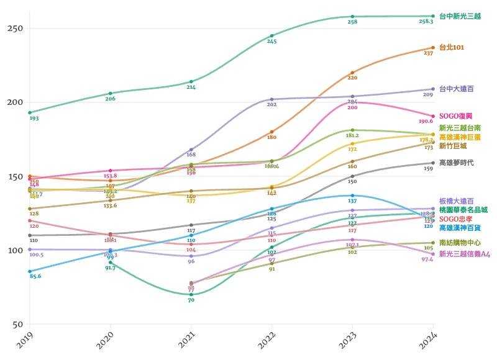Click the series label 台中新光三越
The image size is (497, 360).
(460, 16)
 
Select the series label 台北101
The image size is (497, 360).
(452, 47)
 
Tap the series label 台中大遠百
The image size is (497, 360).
(456, 89)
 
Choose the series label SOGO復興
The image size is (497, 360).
(456, 115)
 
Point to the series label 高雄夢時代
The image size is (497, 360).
(456, 162)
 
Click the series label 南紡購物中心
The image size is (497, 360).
(460, 243)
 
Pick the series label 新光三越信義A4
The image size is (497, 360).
(464, 254)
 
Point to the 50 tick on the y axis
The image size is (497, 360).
(17, 324)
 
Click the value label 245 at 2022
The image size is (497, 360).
(271, 42)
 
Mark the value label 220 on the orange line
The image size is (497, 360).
(352, 78)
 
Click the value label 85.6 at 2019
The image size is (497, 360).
(35, 276)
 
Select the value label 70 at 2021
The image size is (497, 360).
(191, 300)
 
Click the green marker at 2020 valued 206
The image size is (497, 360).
(110, 93)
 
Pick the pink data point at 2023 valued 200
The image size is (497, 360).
(352, 102)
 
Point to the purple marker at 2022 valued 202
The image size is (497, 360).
(271, 99)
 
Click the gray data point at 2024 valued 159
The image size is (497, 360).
(433, 163)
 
